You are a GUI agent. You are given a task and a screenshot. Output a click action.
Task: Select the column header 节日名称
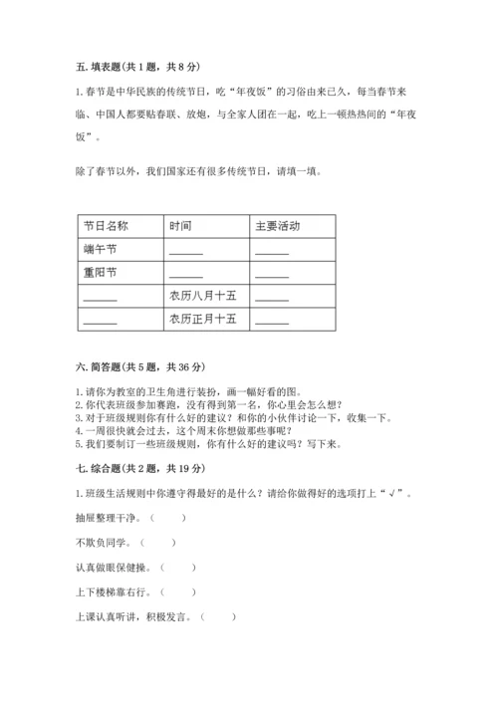coord(106,226)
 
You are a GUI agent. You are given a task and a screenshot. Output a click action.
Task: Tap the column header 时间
coord(180,226)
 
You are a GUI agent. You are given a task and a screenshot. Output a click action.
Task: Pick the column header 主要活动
coord(277,226)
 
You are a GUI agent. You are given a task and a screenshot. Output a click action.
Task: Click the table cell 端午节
coord(100,249)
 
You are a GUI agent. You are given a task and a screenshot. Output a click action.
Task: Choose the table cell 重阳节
coord(100,272)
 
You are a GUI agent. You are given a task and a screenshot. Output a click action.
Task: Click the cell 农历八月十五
coord(203,296)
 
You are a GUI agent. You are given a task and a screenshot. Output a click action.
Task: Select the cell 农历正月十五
coord(203,319)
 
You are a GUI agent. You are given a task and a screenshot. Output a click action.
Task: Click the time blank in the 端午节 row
coord(186,251)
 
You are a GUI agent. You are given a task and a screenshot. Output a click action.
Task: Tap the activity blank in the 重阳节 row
coord(272,274)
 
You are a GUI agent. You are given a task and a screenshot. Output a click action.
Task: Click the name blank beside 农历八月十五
coord(101,298)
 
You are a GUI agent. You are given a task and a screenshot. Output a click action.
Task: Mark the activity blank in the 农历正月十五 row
coord(272,321)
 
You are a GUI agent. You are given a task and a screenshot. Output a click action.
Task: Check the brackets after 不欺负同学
coord(157,543)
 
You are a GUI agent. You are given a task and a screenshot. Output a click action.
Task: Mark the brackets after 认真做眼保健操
coord(177,568)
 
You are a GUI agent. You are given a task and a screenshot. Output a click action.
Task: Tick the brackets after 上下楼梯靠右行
coord(177,592)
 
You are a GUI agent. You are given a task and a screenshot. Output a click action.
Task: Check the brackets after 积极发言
coord(218,617)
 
